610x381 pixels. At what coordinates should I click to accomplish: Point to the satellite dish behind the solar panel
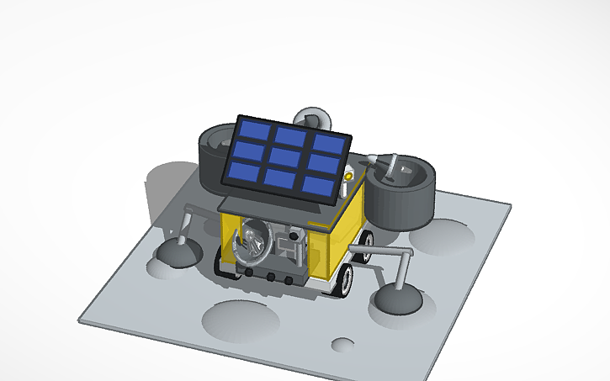pos(313,118)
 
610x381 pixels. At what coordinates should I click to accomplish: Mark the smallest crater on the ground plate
pos(342,344)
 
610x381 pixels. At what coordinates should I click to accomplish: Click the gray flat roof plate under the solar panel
pos(252,204)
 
